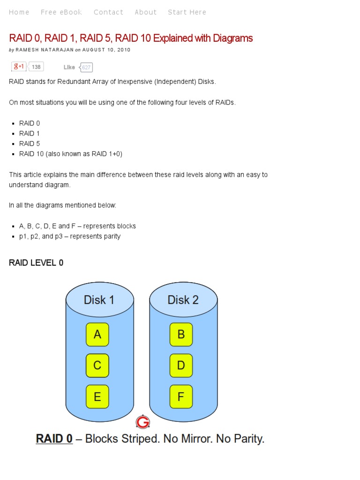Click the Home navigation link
coord(19,12)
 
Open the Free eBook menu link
coord(61,12)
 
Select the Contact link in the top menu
coord(108,12)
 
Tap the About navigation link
coord(146,12)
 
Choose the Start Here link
coord(187,12)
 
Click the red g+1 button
coord(19,67)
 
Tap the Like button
coord(69,67)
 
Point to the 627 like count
coord(86,67)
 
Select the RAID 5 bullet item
coord(30,143)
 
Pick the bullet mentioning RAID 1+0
coord(70,154)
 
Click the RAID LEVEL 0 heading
coord(36,263)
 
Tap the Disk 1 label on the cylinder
coord(99,300)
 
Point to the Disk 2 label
coord(183,300)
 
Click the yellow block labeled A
coord(97,334)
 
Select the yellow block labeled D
coord(181,365)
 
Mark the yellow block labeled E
coord(97,397)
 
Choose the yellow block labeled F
coord(181,397)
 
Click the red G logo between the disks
coord(142,422)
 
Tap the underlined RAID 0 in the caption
coord(54,439)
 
